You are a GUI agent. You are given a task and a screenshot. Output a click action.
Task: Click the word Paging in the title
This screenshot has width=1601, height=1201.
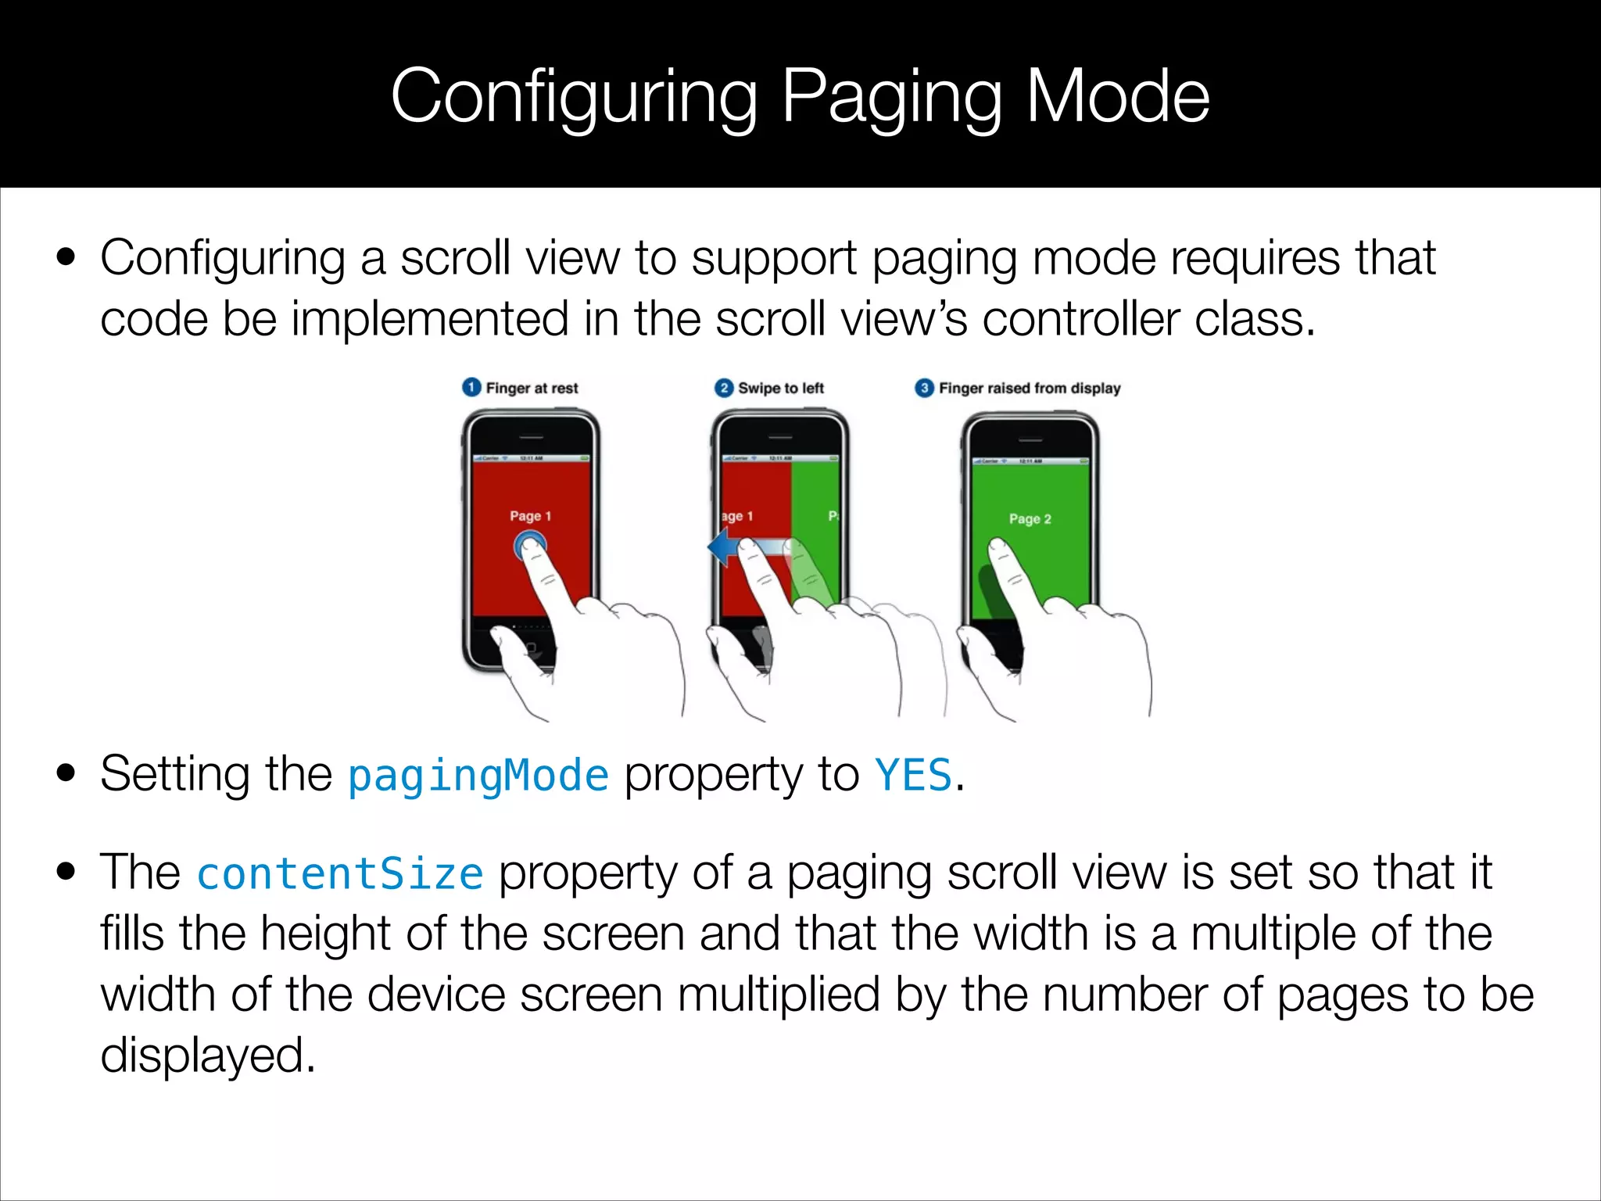[892, 98]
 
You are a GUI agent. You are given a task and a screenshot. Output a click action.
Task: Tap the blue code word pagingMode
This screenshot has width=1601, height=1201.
[478, 776]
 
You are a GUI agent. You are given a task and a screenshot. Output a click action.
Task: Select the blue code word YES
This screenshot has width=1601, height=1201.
[913, 776]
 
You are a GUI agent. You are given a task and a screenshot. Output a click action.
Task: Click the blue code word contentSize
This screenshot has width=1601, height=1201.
[340, 873]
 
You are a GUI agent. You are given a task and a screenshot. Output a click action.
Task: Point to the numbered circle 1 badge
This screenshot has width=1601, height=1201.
[471, 388]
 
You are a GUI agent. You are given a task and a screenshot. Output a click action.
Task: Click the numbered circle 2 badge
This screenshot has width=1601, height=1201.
[724, 388]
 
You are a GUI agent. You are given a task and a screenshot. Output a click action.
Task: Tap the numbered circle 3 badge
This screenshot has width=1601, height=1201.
[924, 388]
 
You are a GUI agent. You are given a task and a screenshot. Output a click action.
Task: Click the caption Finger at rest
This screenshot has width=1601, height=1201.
[532, 388]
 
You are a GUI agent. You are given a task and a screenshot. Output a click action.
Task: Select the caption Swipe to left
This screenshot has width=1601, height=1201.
[781, 388]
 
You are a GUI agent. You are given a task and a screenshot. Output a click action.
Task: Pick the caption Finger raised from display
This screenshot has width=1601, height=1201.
[1030, 388]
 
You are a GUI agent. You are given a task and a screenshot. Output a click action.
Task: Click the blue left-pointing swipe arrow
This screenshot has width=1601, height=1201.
[723, 547]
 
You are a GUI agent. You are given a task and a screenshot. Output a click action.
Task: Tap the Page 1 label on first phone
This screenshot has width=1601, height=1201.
[530, 516]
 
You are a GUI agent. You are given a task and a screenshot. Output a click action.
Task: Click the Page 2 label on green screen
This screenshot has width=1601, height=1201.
[1030, 518]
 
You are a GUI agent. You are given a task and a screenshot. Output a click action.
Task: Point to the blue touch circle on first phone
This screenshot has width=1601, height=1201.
[529, 545]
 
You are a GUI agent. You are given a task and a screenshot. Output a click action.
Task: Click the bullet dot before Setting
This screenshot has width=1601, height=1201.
[66, 774]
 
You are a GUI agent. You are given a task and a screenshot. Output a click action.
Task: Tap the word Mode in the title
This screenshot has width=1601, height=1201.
[1117, 98]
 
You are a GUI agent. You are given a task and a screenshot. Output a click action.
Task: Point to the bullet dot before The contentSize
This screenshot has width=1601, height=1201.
[66, 872]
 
